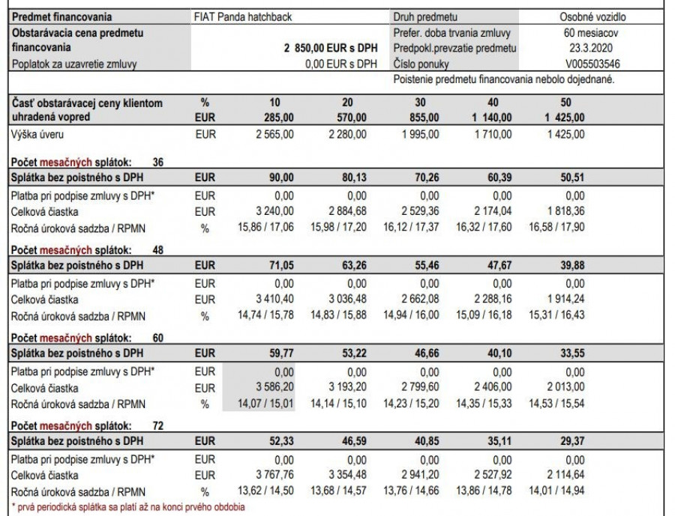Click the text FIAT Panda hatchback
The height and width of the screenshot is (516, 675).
coord(242,16)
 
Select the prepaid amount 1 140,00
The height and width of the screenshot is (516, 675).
coord(492,117)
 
